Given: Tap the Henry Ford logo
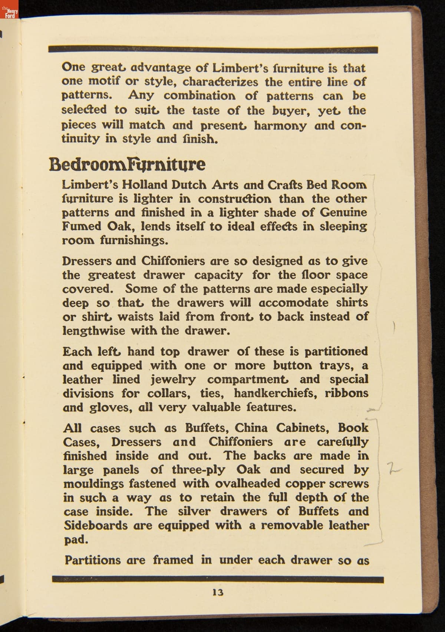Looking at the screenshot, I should pos(9,14).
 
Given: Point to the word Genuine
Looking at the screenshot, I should pos(343,212).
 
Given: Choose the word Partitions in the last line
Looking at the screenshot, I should pos(92,560).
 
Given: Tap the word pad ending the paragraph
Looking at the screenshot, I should pos(76,540).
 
